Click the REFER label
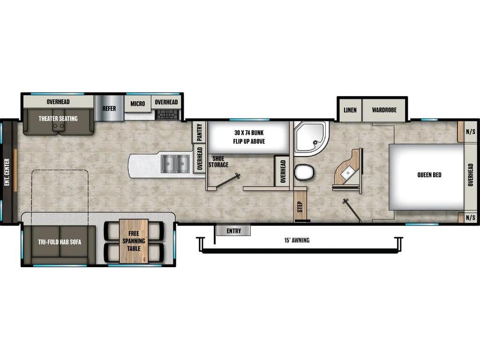pos(109,109)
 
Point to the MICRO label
pos(138,104)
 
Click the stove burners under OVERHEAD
pos(167,114)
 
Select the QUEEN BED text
pos(429,175)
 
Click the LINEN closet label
pos(350,110)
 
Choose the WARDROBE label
pos(384,110)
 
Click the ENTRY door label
pos(233,231)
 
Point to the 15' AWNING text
pos(297,240)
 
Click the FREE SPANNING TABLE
pos(134,240)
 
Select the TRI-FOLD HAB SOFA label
pos(60,242)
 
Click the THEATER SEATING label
pos(58,119)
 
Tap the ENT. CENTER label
pos(7,172)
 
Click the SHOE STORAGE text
pos(218,162)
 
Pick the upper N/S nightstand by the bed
pos(470,132)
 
